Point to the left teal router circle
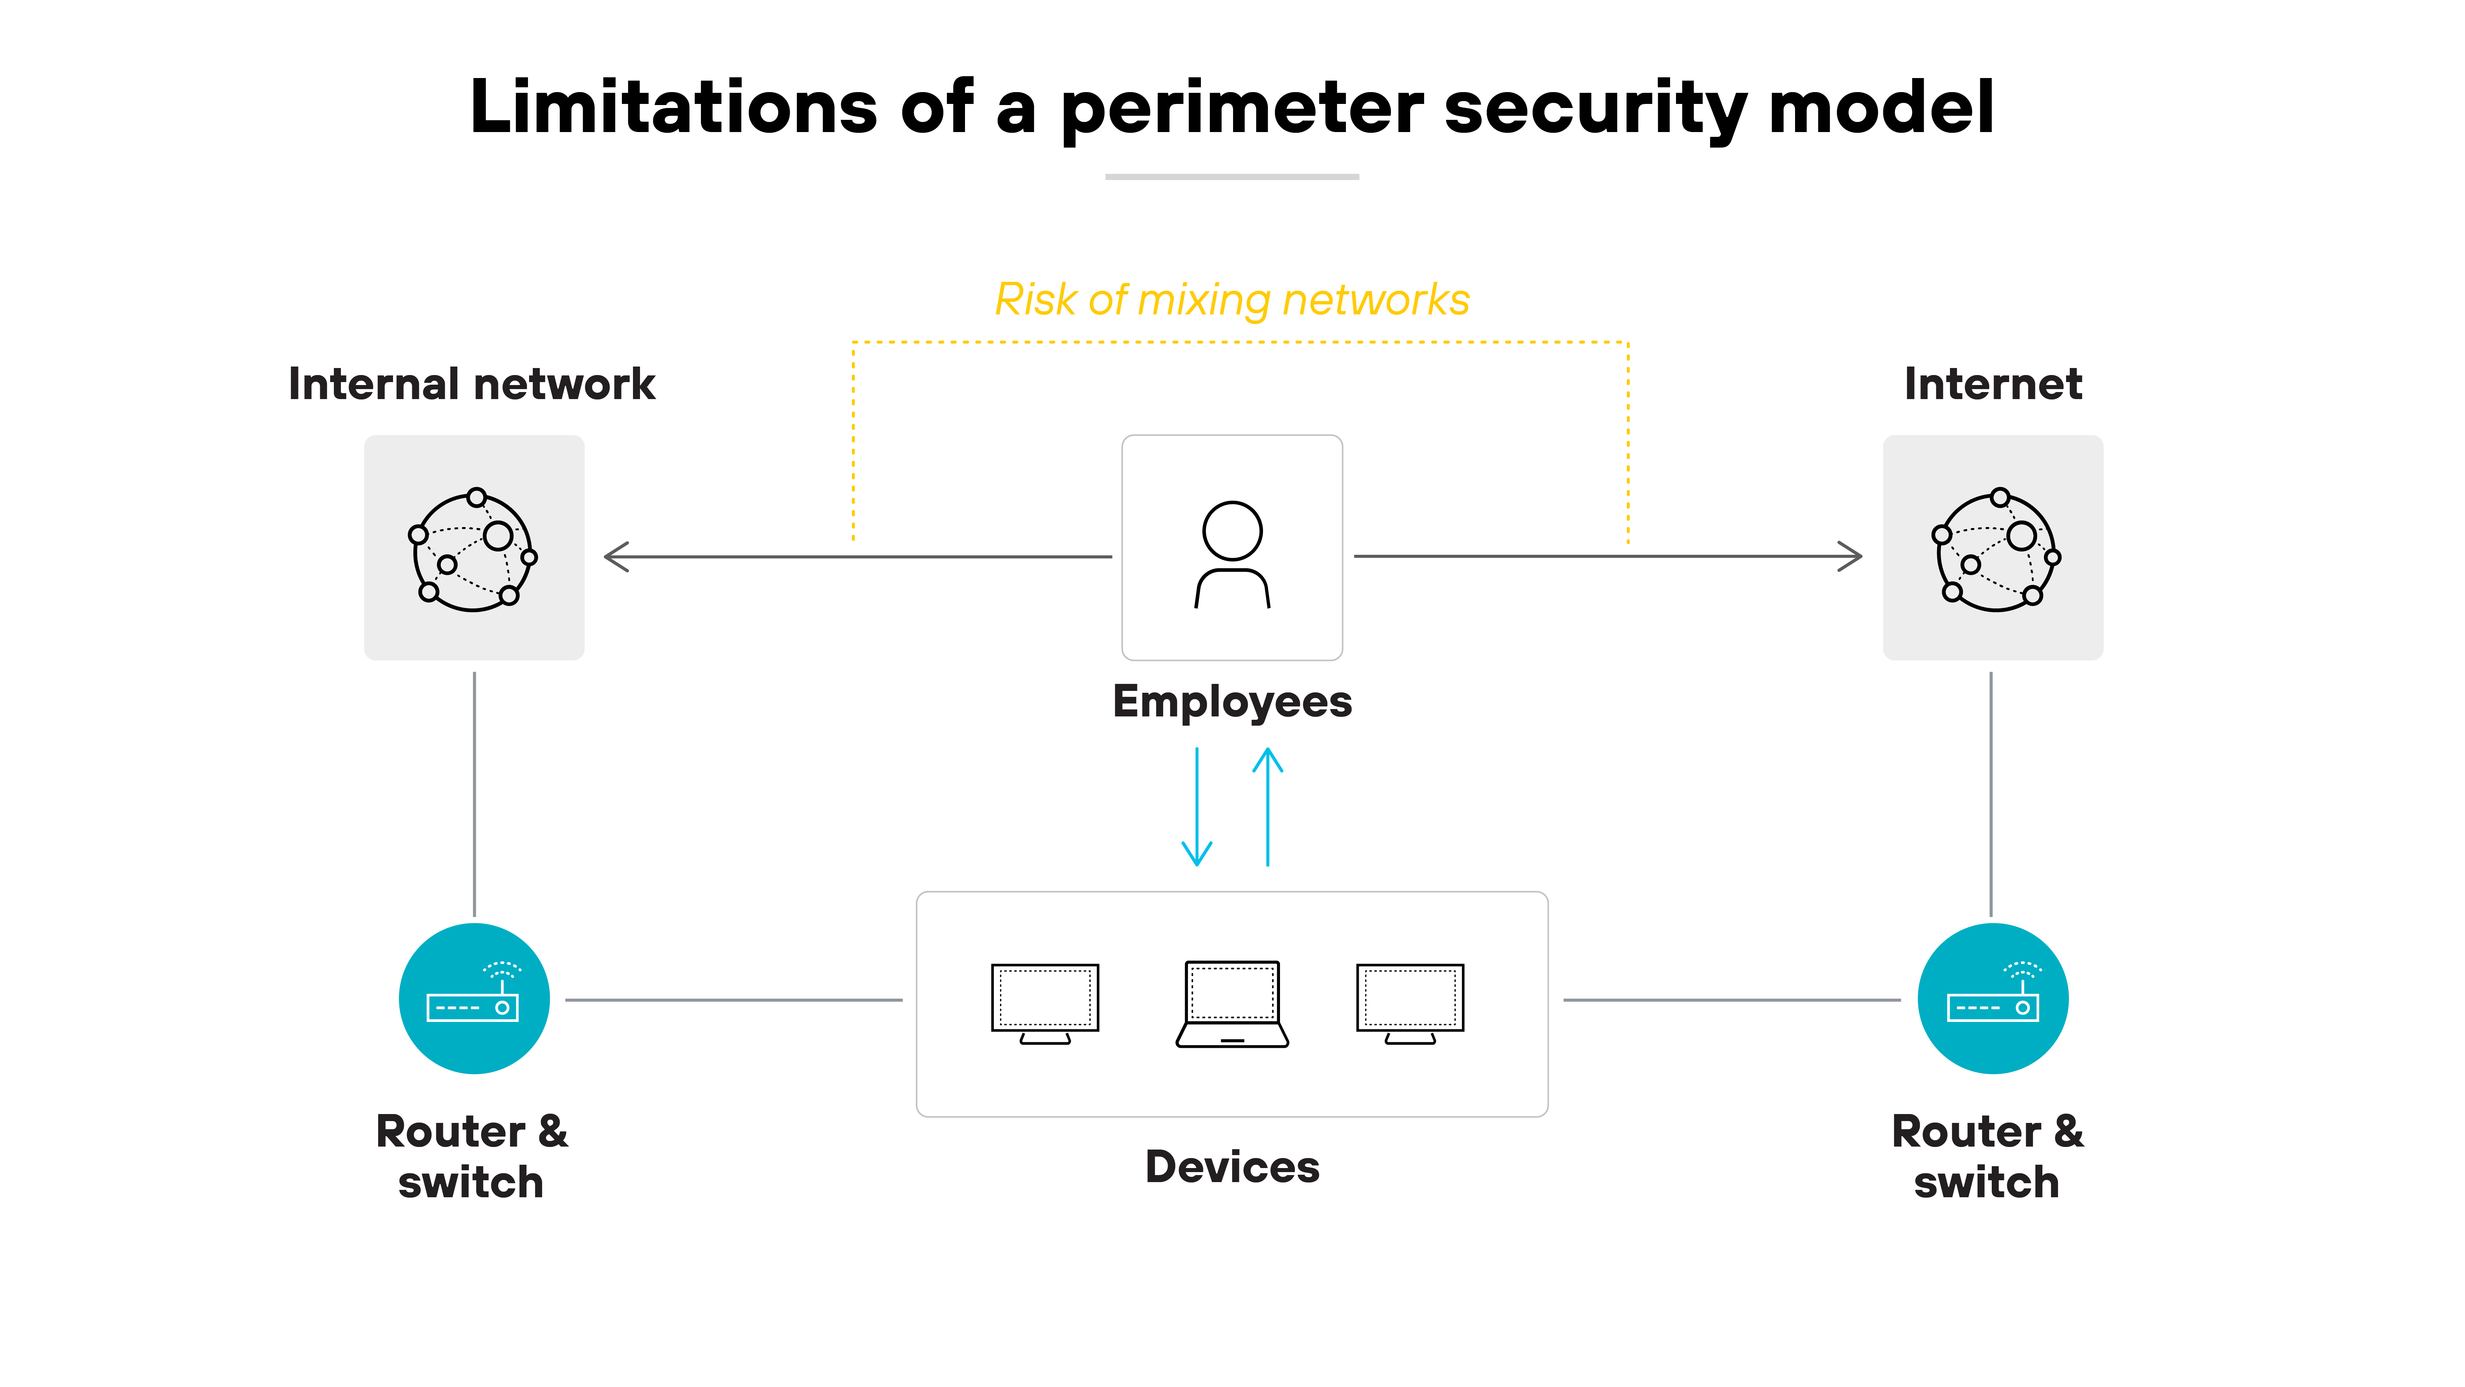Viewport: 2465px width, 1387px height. (474, 998)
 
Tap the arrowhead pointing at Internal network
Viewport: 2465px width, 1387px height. (615, 556)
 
